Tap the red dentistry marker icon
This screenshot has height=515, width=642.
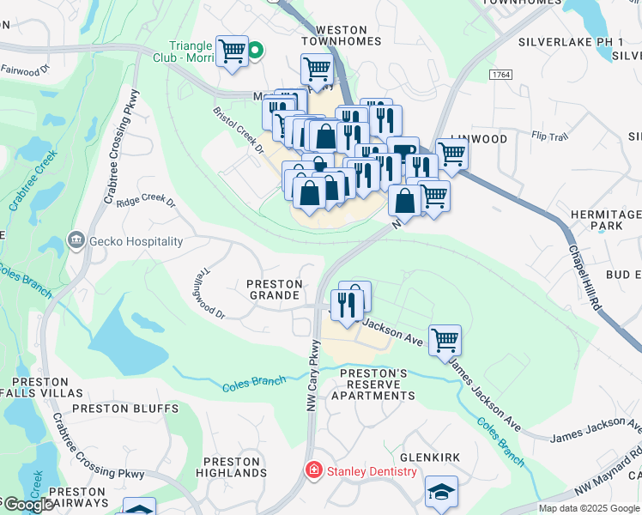click(x=313, y=471)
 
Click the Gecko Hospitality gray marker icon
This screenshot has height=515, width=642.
click(x=77, y=241)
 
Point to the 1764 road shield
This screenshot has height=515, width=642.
click(x=501, y=76)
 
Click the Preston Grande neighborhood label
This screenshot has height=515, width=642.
click(x=275, y=289)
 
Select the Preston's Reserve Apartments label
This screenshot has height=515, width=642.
click(x=378, y=385)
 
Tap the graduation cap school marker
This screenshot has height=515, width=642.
click(x=441, y=492)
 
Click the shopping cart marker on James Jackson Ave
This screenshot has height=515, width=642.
click(x=445, y=341)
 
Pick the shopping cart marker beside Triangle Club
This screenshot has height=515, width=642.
click(x=232, y=51)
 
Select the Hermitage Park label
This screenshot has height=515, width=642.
click(x=610, y=220)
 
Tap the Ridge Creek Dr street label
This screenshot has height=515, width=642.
click(x=146, y=203)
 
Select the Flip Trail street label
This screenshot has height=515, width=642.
click(x=550, y=136)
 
